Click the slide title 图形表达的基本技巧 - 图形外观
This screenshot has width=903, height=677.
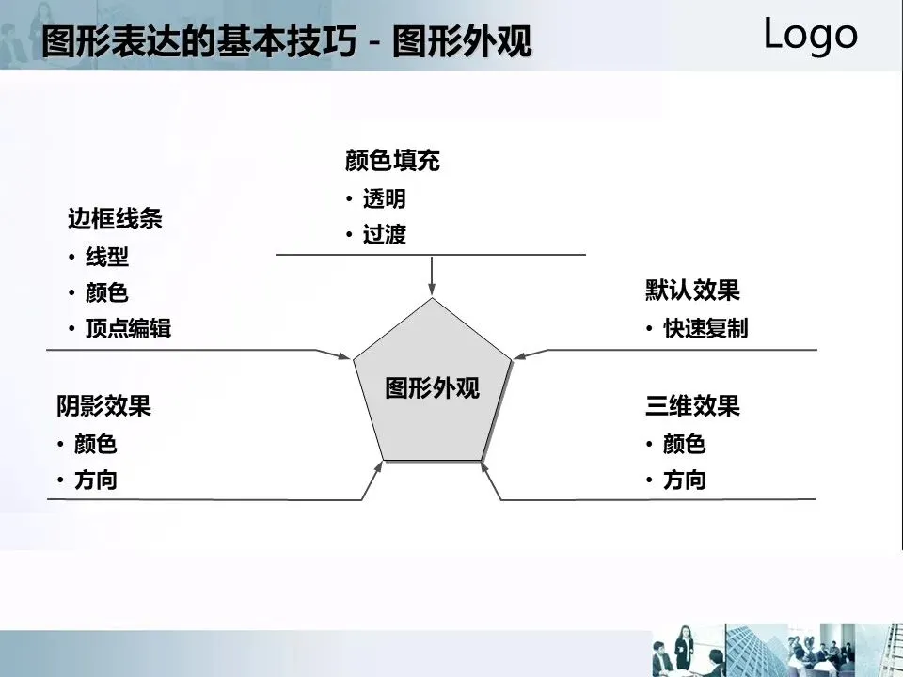coord(287,42)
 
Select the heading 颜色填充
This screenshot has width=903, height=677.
coord(392,162)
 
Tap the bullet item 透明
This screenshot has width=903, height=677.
coord(385,199)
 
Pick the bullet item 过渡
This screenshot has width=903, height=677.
coord(385,235)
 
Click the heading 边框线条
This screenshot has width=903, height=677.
coord(115,220)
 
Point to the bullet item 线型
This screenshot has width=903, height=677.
coord(107,257)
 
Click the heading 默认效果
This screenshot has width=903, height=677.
coord(692,291)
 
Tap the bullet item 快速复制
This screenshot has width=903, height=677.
coord(705,329)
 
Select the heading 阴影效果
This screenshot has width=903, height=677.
coord(103,406)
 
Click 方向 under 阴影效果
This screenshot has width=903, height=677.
coord(96,480)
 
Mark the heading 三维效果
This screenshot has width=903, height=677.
coord(692,406)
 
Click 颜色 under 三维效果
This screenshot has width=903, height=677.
coord(684,444)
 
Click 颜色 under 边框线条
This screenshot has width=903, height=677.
coord(107,293)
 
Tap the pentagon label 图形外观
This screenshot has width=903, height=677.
coord(433,387)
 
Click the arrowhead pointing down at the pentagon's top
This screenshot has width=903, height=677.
coord(432,290)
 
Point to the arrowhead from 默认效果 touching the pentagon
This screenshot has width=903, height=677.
coord(520,355)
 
